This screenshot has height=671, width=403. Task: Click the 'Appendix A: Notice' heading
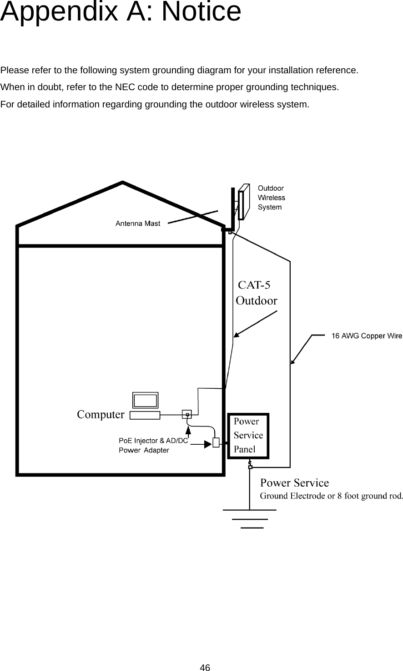pyautogui.click(x=121, y=12)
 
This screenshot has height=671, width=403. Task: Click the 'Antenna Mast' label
pyautogui.click(x=137, y=224)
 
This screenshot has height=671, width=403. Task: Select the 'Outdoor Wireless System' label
pyautogui.click(x=272, y=198)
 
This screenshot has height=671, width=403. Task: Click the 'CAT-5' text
pyautogui.click(x=254, y=285)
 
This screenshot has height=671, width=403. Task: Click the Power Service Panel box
pyautogui.click(x=248, y=436)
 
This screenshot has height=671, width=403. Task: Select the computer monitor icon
pyautogui.click(x=145, y=400)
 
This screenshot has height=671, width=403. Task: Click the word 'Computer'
pyautogui.click(x=101, y=414)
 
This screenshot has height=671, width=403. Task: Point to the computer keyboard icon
pyautogui.click(x=145, y=415)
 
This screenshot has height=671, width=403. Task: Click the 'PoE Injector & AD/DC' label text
pyautogui.click(x=153, y=440)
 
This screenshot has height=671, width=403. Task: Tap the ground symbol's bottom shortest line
pyautogui.click(x=252, y=528)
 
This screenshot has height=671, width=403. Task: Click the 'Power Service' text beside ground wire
pyautogui.click(x=294, y=483)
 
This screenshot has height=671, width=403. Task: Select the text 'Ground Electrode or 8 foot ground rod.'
pyautogui.click(x=331, y=496)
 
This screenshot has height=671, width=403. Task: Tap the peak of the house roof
pyautogui.click(x=123, y=183)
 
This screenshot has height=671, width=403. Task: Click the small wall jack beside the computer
pyautogui.click(x=187, y=414)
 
